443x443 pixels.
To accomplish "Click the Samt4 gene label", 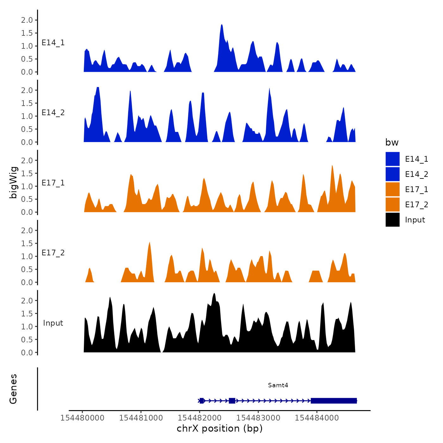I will [278, 385].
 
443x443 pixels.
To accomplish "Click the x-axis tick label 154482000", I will [199, 418].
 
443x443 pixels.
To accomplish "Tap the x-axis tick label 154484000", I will [317, 418].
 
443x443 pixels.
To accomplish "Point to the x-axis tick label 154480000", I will [82, 418].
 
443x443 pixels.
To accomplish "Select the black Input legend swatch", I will [392, 220].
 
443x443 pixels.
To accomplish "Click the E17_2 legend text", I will [416, 205].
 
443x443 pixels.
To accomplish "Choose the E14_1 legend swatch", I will [392, 159].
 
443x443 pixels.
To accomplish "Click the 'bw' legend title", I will [392, 142].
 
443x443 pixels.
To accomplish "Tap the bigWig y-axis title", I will [13, 182].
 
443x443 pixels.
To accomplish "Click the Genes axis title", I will [13, 389].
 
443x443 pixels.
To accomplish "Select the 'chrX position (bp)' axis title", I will [220, 428].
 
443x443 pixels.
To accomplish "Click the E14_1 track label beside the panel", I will [53, 43].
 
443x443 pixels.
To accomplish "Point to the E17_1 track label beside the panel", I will [53, 183].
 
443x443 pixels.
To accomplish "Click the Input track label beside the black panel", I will [53, 323].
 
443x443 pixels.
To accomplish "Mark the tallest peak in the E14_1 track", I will [221, 25].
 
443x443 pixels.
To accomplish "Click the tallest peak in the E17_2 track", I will [149, 243].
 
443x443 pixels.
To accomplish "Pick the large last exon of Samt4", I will [334, 401].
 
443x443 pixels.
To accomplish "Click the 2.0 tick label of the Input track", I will [27, 301].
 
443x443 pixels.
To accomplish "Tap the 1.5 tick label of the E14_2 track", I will [27, 103].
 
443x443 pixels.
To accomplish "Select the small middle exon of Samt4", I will [232, 401].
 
